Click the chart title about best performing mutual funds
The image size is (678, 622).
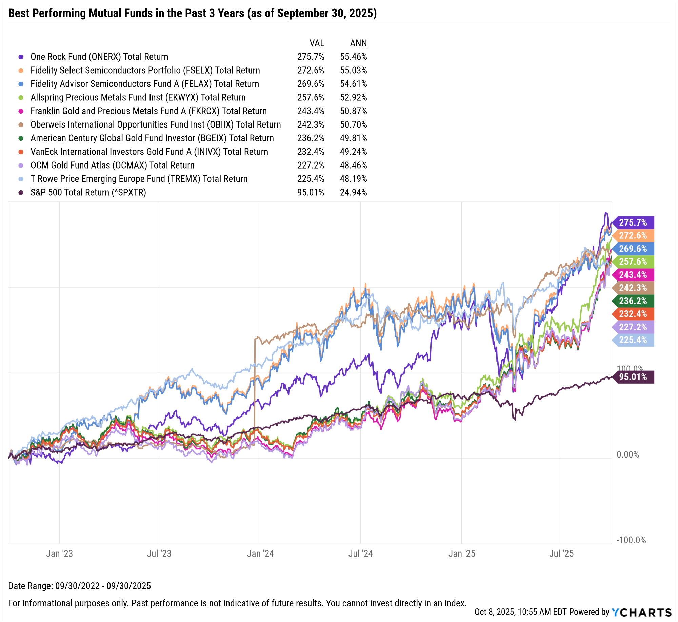[192, 13]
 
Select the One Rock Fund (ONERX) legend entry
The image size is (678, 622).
[99, 57]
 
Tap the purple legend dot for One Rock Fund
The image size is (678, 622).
[21, 57]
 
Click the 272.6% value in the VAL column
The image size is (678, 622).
[311, 70]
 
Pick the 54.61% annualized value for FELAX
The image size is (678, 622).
[353, 84]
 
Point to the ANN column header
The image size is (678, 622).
[358, 43]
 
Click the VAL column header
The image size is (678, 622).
[317, 43]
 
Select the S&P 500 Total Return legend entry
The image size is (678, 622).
[88, 192]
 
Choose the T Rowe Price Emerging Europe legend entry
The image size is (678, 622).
[139, 179]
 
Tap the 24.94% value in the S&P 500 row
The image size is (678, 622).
[353, 192]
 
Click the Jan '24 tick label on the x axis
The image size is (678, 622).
[260, 553]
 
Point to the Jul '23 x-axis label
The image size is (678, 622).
[159, 553]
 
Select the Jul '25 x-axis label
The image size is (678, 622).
[561, 553]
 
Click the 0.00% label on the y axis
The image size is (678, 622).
[627, 454]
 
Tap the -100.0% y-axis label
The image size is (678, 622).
[631, 540]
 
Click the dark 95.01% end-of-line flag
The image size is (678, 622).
[633, 377]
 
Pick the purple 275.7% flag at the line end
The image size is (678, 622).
[633, 222]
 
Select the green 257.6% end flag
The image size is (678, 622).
[633, 261]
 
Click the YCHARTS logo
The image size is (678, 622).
[641, 612]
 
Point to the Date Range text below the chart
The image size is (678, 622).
[79, 586]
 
